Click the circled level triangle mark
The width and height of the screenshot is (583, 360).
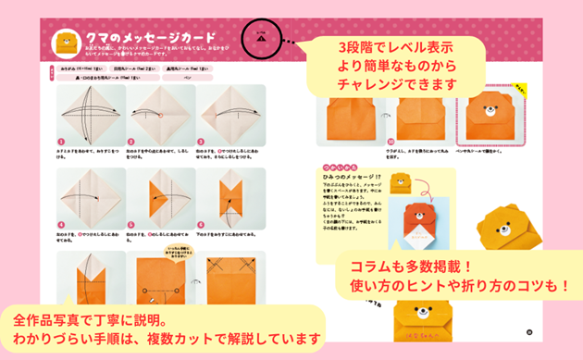[264, 40]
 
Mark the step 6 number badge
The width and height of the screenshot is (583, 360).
[201, 224]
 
